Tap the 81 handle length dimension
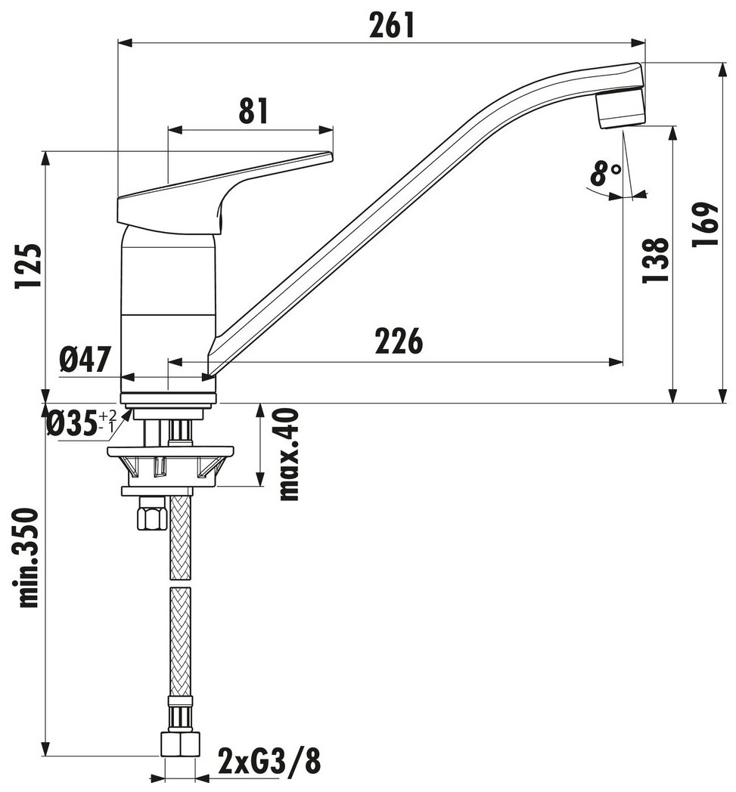253,111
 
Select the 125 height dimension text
27,266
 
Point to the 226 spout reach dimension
399,341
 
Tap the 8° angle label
605,173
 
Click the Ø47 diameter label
85,360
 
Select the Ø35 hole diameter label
82,422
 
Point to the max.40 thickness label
289,455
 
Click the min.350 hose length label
27,559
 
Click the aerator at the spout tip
621,107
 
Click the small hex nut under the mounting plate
152,514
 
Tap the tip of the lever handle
331,157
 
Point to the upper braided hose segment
181,538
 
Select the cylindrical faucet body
169,308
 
